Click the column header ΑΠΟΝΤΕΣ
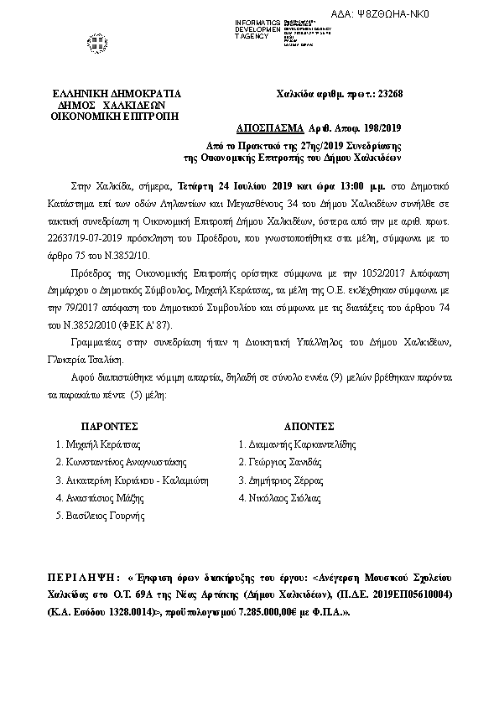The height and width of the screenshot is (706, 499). pyautogui.click(x=309, y=426)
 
